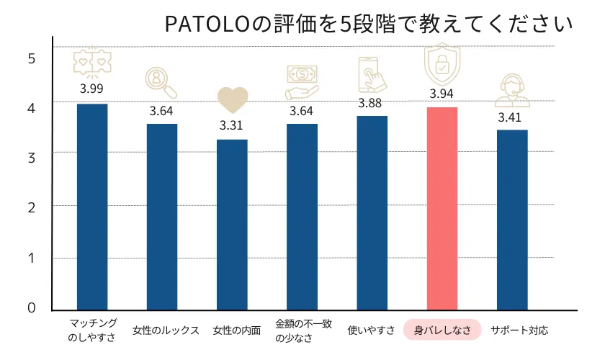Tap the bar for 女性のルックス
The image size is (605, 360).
click(162, 217)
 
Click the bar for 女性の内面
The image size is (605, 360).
click(232, 225)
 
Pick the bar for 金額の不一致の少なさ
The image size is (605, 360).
click(302, 217)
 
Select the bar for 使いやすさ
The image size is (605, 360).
click(372, 212)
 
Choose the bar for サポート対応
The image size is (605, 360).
click(512, 220)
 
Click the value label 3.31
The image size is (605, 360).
click(232, 125)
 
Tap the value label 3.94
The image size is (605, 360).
click(442, 94)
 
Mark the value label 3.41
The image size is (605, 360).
click(512, 115)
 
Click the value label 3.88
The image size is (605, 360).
click(372, 102)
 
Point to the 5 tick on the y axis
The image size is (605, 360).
click(31, 58)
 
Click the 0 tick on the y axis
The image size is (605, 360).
click(31, 308)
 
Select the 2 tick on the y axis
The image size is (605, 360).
click(31, 207)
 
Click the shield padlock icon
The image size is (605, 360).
click(442, 65)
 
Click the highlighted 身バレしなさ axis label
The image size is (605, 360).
click(442, 330)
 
